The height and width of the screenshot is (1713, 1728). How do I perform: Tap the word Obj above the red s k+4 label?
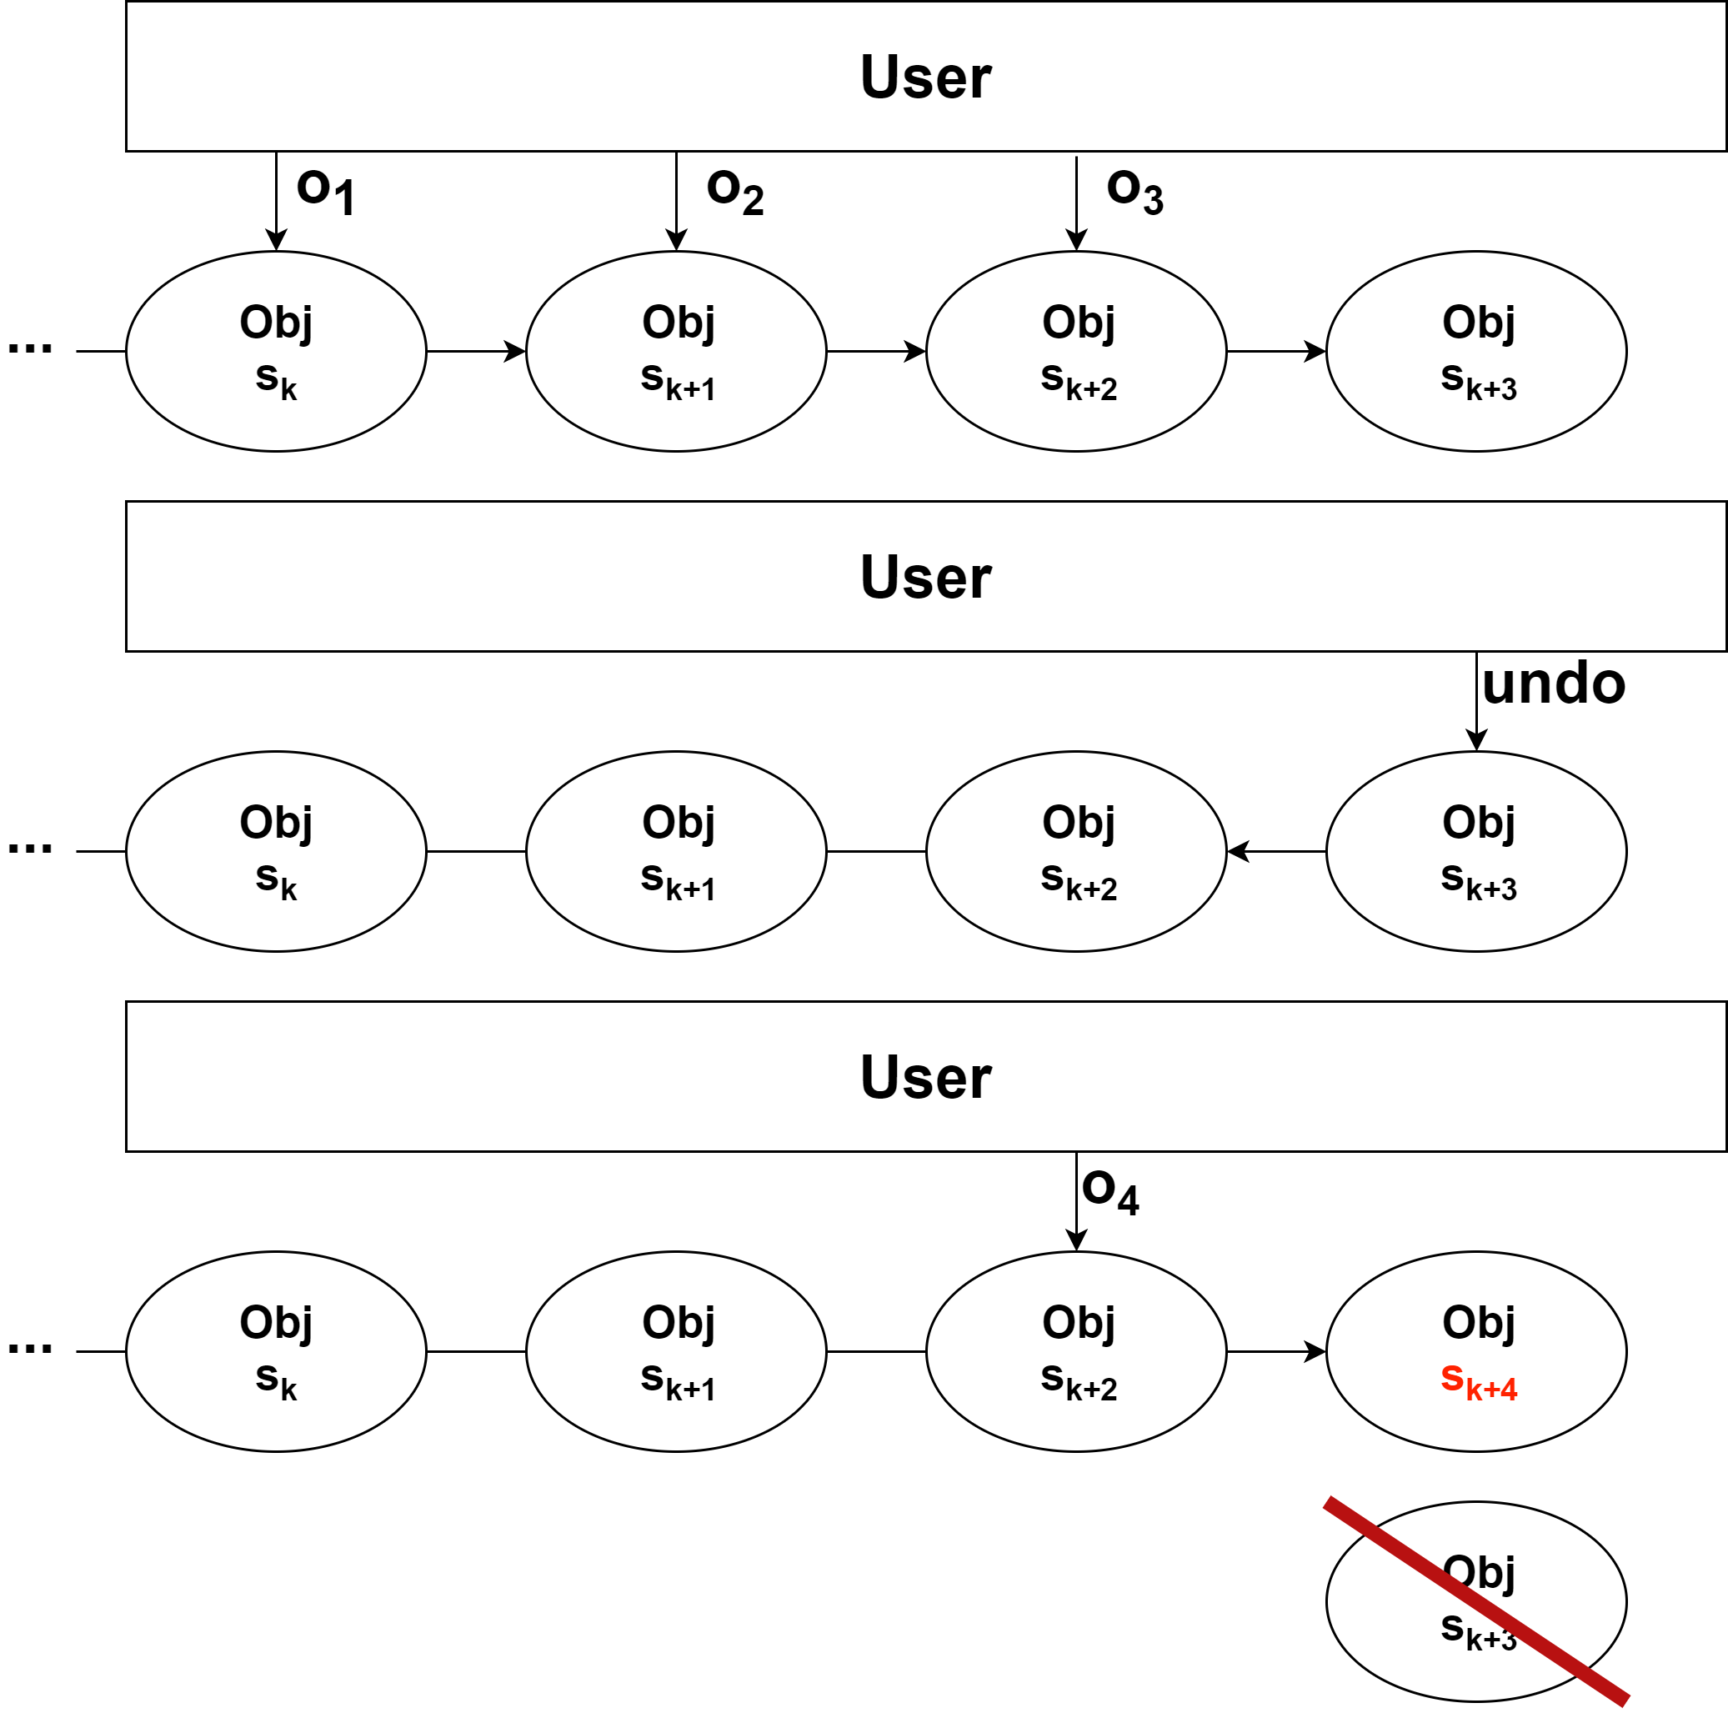(1479, 1322)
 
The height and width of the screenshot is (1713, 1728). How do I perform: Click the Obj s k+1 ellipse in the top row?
(676, 351)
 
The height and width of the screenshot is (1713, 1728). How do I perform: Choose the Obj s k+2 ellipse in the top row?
(1076, 351)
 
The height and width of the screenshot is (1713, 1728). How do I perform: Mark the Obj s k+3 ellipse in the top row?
(1475, 351)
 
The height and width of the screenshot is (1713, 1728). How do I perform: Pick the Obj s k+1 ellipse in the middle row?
(676, 851)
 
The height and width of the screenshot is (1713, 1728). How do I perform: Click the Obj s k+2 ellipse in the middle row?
(1076, 851)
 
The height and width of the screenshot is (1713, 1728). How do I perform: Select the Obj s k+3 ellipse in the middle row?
(1475, 851)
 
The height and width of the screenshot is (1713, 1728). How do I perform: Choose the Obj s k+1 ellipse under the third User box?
(676, 1350)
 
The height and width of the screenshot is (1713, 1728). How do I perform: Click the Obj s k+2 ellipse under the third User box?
(1076, 1350)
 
